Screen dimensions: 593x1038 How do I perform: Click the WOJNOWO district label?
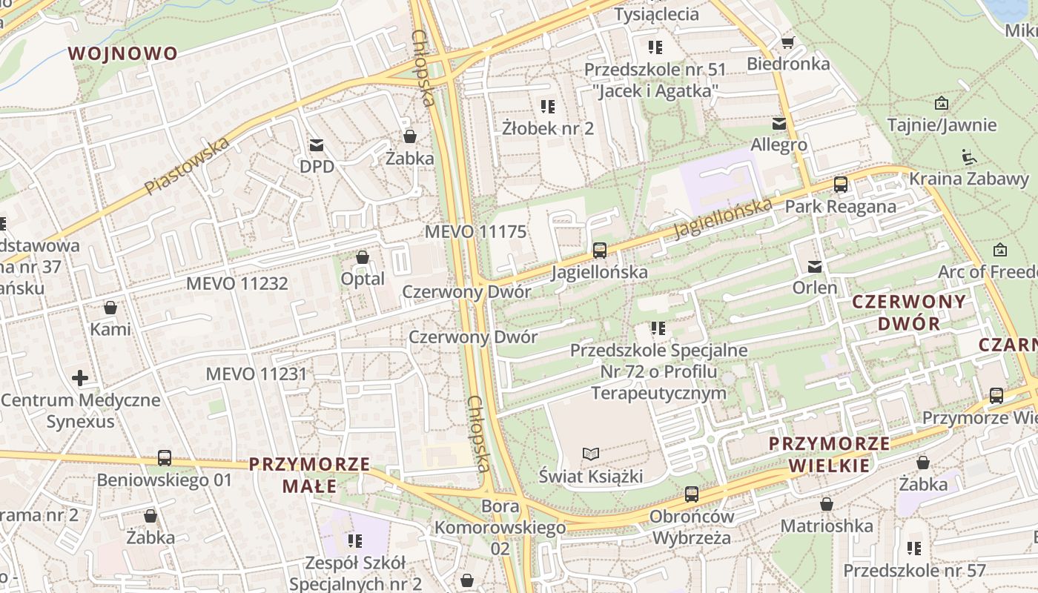[x=122, y=53]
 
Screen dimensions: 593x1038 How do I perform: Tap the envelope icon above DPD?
[x=317, y=145]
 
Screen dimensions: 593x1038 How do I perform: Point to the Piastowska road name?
[x=187, y=166]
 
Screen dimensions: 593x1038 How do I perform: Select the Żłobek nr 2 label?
[x=548, y=128]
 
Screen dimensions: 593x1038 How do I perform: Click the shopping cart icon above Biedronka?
[x=787, y=42]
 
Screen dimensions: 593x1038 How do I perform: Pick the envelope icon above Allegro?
[x=778, y=123]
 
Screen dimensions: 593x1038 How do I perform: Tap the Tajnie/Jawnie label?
[x=942, y=125]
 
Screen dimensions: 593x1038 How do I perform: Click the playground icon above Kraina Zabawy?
[x=968, y=157]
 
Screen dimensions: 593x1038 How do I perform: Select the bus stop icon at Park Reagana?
[x=840, y=185]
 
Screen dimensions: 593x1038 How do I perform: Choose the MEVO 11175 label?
[x=475, y=231]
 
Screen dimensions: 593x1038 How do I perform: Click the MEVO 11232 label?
[x=237, y=283]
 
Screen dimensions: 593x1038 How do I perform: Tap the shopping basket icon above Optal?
[x=363, y=257]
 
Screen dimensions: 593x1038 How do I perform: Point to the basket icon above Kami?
[x=110, y=308]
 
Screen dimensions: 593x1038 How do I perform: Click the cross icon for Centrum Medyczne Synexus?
[x=80, y=378]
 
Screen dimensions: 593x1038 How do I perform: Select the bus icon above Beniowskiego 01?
[x=165, y=458]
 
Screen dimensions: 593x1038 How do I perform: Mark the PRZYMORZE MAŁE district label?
[x=309, y=475]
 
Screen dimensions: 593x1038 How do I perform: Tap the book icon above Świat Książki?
[x=591, y=454]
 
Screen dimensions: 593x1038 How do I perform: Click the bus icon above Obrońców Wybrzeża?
[x=691, y=494]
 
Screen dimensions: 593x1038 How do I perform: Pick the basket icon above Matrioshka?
[x=827, y=504]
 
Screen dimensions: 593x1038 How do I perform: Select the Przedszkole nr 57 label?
[x=914, y=571]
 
